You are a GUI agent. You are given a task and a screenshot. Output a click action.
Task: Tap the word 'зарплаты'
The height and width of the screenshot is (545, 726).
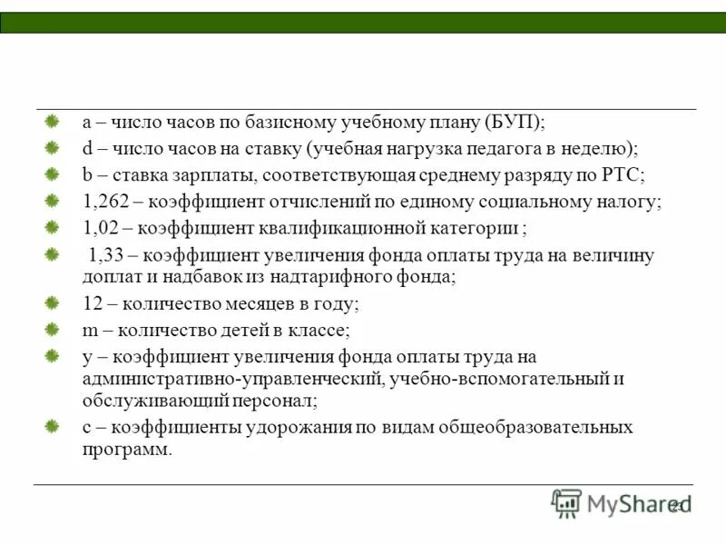[x=194, y=175]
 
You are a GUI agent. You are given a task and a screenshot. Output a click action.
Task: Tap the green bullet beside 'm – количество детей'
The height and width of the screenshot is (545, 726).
[x=54, y=329]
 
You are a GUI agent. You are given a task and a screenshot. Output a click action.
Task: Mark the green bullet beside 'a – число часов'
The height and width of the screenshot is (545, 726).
[x=54, y=122]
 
